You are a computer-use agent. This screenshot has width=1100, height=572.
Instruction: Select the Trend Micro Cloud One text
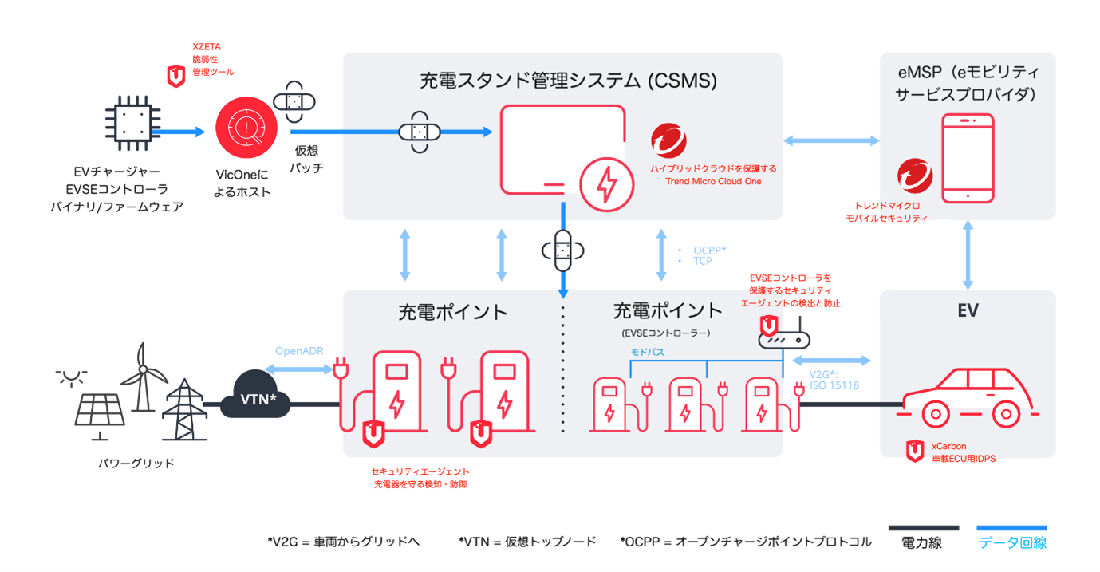[x=713, y=182]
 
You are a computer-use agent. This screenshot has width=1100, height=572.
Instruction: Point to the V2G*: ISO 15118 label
[x=833, y=381]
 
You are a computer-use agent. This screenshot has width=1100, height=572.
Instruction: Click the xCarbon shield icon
[x=914, y=452]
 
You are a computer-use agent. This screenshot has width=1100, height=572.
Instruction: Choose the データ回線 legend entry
[x=1012, y=543]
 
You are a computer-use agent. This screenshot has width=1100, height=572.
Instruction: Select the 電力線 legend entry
[x=924, y=543]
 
